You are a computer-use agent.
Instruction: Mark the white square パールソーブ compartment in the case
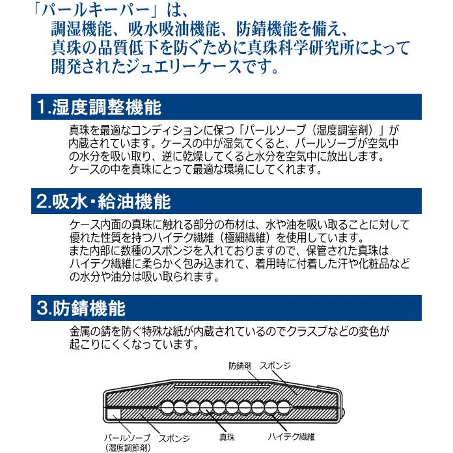tap(113, 413)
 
